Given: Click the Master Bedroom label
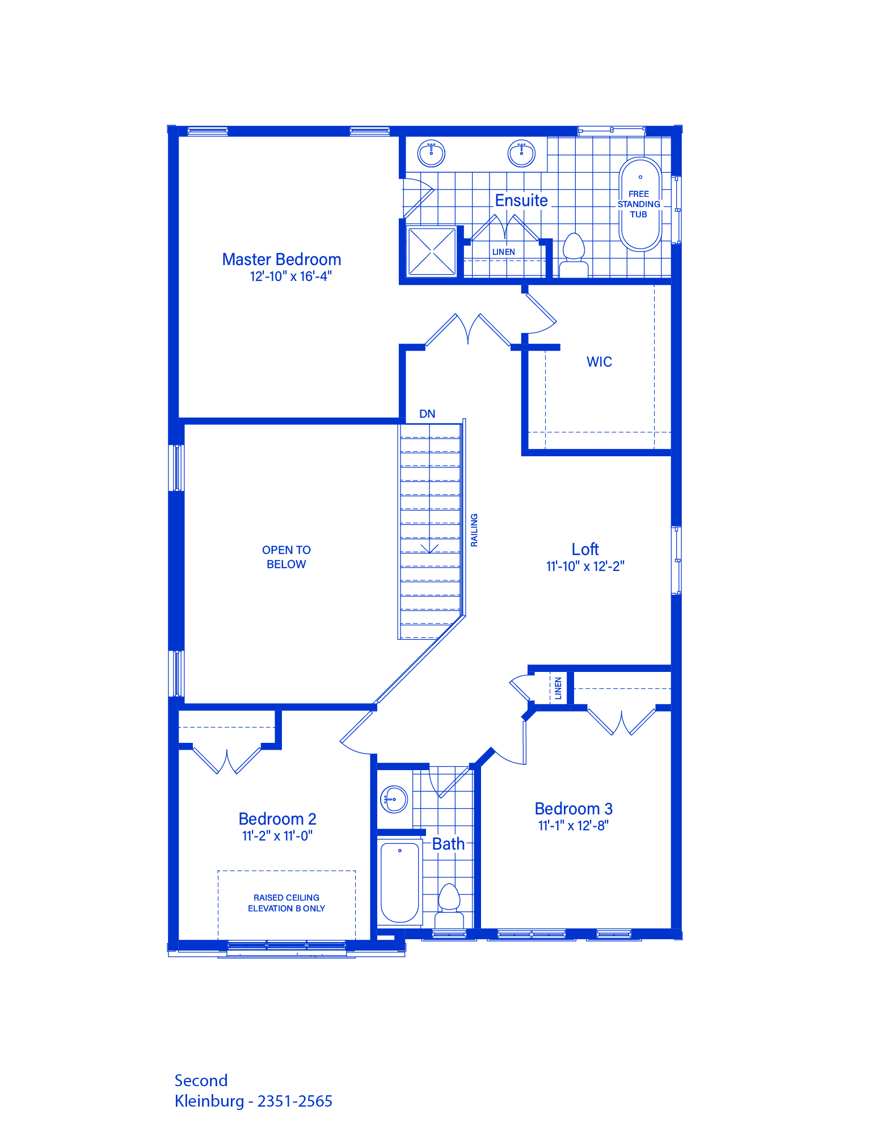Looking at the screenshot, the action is point(281,259).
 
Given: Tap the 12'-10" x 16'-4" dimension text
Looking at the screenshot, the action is point(290,276).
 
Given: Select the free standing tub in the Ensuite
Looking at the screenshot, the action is point(640,204).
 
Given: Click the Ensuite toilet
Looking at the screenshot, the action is point(574,255).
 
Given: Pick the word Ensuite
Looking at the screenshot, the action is point(521,200).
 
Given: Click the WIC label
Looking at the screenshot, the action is point(599,362).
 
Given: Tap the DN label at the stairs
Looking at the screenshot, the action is point(427,414).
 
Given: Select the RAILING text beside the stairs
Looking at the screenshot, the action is point(474,530).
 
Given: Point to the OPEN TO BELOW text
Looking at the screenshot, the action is point(286,557).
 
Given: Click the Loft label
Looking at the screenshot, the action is point(585,549).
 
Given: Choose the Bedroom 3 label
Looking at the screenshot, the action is point(574,809).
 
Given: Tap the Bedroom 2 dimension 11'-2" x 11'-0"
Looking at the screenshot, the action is point(277,836).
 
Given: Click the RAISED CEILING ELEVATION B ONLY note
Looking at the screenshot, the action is point(286,903).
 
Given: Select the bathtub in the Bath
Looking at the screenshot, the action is point(400,882).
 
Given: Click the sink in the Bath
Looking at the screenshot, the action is point(394,800).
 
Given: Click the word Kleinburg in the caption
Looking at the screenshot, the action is point(209,1102).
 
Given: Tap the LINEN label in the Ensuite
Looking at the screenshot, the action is point(504,252).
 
